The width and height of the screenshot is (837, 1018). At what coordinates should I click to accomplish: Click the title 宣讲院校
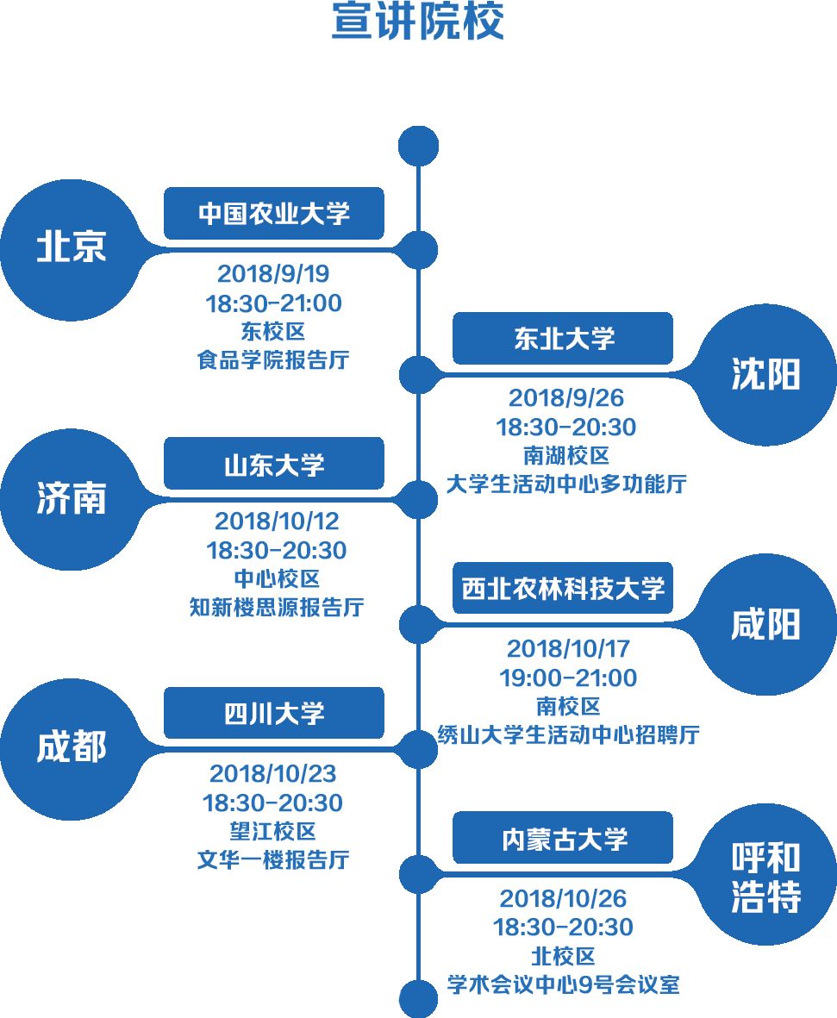tap(418, 23)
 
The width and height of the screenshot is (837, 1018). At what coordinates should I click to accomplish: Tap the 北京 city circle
tap(71, 249)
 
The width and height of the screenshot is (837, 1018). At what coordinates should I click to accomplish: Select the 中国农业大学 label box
tap(273, 213)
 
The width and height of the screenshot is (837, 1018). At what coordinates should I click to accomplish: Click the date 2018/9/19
tap(273, 274)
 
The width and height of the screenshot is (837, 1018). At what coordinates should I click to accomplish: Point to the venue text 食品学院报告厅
tap(273, 359)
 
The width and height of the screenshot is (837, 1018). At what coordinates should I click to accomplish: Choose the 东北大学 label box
tap(562, 338)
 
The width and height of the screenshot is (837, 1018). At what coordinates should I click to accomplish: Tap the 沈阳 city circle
tap(765, 374)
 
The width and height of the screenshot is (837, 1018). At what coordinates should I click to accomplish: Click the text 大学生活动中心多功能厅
tap(565, 484)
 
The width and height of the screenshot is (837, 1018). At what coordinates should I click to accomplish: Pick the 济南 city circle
tap(71, 500)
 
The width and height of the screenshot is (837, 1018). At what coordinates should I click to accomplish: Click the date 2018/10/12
tap(277, 521)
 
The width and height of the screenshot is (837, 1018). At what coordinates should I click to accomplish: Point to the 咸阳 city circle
tap(765, 624)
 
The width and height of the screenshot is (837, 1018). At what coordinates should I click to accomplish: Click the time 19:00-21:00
tap(568, 678)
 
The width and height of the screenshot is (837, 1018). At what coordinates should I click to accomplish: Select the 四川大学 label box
tap(273, 713)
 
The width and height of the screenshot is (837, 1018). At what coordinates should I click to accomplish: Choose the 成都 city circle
tap(71, 748)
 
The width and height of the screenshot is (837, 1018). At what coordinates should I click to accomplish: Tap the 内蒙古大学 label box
tap(562, 838)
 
